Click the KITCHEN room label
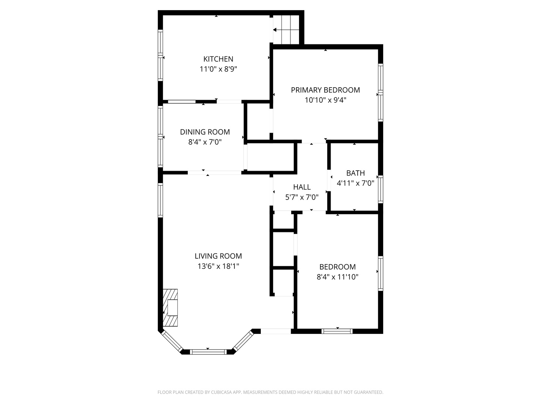(x=218, y=59)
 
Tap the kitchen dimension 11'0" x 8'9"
(x=218, y=69)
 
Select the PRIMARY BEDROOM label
(x=325, y=90)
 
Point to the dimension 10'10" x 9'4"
(x=325, y=100)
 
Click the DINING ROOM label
(x=205, y=132)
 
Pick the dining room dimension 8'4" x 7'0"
(x=205, y=142)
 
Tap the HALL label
(x=302, y=187)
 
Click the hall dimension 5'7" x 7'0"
(x=302, y=197)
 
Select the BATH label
(x=355, y=173)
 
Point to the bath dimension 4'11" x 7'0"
(x=355, y=183)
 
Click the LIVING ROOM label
(x=218, y=256)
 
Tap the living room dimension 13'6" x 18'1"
(x=218, y=266)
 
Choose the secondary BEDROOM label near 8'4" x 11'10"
(x=337, y=267)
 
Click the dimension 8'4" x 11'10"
(x=337, y=277)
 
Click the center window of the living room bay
(x=208, y=352)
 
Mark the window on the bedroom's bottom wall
(x=337, y=331)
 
